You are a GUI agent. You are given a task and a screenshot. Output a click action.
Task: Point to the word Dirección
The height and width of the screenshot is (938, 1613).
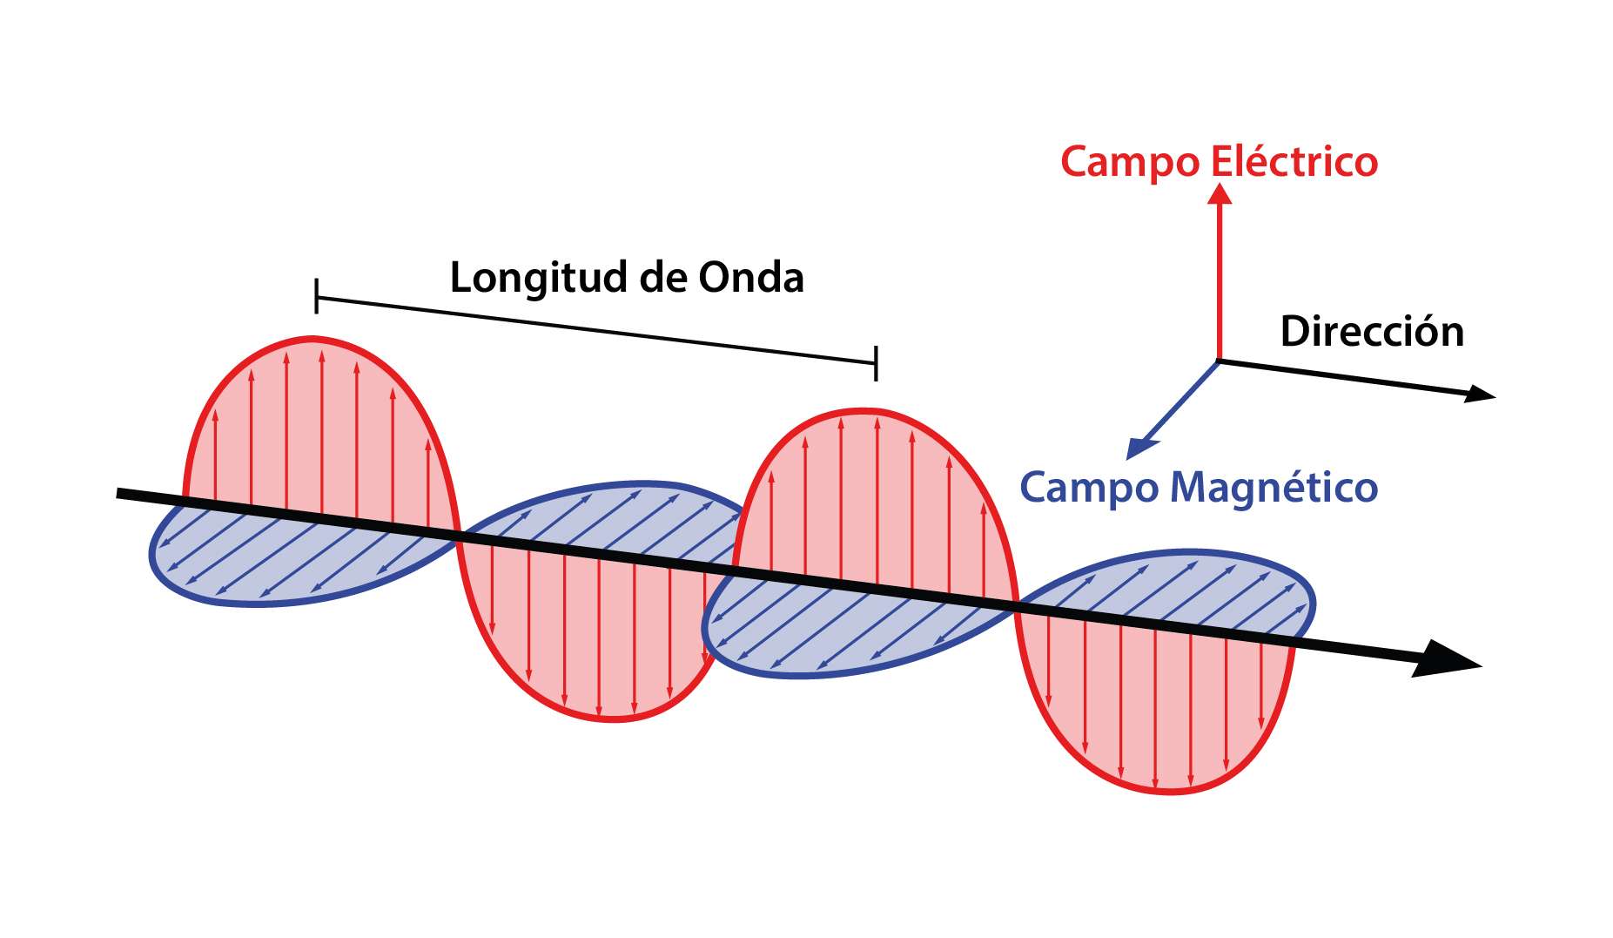(1372, 332)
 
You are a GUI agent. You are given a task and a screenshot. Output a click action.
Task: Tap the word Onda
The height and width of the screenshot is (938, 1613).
(751, 278)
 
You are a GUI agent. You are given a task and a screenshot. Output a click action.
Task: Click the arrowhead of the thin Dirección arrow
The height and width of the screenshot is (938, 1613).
(1484, 395)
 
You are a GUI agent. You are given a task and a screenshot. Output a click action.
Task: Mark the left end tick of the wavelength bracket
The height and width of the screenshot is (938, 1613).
(316, 297)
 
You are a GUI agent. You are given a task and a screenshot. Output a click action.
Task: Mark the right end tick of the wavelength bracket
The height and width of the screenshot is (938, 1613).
(876, 362)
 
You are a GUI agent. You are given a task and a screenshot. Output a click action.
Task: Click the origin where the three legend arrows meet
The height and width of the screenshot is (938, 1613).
(1219, 360)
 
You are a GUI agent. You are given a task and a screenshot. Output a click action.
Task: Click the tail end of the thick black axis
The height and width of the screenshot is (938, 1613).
(119, 493)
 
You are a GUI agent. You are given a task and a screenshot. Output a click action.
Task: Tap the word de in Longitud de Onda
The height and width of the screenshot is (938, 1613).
(662, 278)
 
